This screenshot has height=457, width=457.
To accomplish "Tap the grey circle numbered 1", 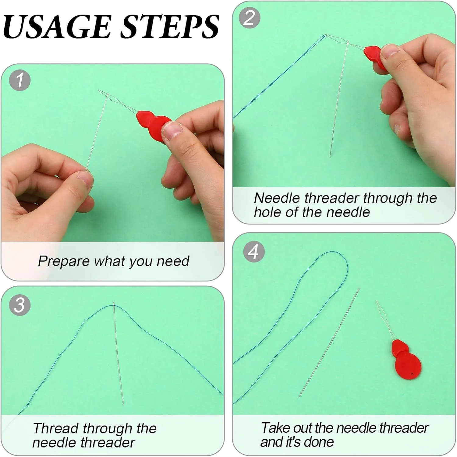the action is [20, 80].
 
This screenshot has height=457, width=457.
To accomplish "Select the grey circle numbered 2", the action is [250, 18].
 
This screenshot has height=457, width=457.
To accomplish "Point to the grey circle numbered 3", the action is [20, 305].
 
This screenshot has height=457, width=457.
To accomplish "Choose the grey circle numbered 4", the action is [253, 252].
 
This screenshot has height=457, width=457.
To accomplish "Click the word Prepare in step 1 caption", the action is [64, 261].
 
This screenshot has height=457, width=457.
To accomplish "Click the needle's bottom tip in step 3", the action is [123, 404].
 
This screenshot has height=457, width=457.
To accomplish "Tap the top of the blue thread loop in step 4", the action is [332, 252].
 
